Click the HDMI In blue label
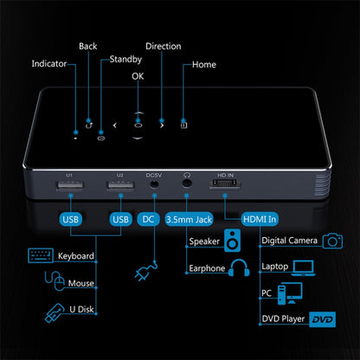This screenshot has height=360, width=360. pos(260,219)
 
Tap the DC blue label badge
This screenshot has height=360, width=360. pos(148,219)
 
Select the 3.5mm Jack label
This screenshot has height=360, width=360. pos(189,220)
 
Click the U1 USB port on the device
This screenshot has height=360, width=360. pos(71,185)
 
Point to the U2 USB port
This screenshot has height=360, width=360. pos(120,185)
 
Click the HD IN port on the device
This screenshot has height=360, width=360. pos(225,183)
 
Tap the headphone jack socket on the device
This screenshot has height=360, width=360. pos(187,183)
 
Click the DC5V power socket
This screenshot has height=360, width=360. pos(154,183)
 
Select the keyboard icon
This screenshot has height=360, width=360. pos(41,255)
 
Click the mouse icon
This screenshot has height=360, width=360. pos(55,280)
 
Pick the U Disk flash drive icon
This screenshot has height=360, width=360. pos(55,313)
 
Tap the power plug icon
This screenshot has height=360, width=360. pos(146,271)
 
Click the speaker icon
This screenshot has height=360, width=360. pos(232,241)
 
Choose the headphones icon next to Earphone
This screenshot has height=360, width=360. pos(239,268)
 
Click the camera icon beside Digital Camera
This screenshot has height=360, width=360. pos(332,241)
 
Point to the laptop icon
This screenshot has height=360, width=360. pos(303,268)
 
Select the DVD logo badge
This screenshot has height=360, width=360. pos(323,319)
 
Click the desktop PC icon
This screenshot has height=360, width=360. pos(290,293)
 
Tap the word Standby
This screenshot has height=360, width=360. pos(125,60)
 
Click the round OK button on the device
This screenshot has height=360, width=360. pos(138,125)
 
